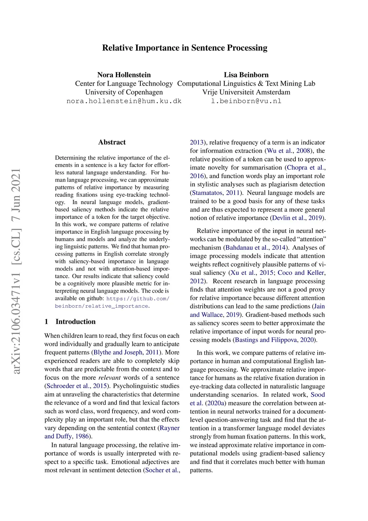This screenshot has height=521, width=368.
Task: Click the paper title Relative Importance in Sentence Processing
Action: coord(185,48)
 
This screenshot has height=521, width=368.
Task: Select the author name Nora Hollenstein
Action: coord(124,75)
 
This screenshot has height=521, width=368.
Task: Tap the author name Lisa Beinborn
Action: coord(246,75)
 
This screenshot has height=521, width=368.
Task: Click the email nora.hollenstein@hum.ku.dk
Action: coord(124,101)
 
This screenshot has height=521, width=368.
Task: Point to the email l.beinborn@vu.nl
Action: coord(246,101)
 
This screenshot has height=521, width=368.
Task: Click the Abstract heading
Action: coord(112,142)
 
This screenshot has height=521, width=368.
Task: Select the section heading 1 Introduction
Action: coord(70,322)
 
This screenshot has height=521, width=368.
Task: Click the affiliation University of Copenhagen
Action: coord(124,92)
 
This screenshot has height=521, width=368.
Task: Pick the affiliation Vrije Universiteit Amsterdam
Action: coord(246,92)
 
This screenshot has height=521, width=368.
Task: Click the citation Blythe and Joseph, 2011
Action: coord(126,353)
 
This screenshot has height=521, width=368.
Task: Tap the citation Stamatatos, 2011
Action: coord(216,193)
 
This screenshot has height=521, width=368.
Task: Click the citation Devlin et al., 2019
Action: coord(297,218)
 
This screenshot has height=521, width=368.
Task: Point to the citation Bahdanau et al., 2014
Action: coord(256,248)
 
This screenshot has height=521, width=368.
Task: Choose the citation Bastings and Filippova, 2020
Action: coord(275,340)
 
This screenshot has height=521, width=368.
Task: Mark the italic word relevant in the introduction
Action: coord(110,378)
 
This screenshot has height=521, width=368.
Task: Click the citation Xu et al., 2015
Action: coord(252,273)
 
